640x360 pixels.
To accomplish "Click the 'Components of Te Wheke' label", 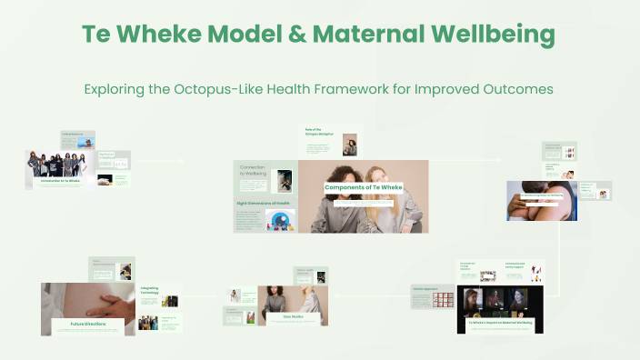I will (364, 187).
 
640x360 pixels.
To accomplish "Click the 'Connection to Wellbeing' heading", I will (253, 171).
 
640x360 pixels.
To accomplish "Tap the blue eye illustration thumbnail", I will (281, 220).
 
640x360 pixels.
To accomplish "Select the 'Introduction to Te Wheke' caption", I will (62, 181).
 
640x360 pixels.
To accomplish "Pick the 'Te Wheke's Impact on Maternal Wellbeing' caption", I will (499, 322).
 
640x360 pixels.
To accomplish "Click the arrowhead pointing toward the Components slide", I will (182, 161).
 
